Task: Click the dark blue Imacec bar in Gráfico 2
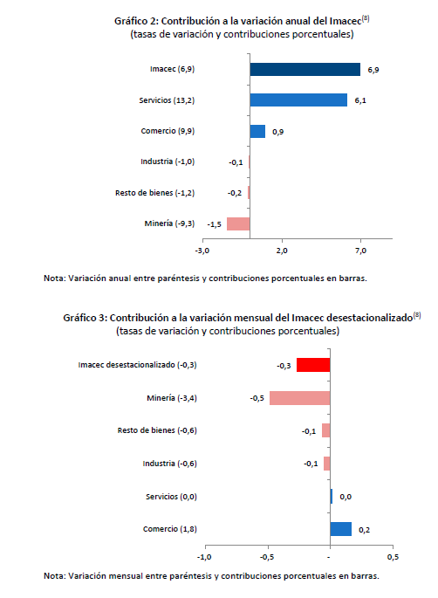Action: [x=305, y=70]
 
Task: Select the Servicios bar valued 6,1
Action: [x=298, y=100]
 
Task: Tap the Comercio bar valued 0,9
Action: [x=257, y=131]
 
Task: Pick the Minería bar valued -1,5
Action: [x=238, y=223]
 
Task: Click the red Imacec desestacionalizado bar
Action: [x=313, y=365]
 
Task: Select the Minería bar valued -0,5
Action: [x=299, y=398]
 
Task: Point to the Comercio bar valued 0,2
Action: [x=341, y=529]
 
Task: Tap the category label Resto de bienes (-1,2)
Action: [x=154, y=193]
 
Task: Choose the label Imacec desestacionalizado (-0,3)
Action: [x=137, y=365]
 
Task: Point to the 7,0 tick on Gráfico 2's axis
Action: [x=360, y=251]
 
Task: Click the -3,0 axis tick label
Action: [x=202, y=251]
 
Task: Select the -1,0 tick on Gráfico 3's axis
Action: [x=204, y=557]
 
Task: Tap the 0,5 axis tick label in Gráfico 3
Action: [x=393, y=557]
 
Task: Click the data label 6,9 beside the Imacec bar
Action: [x=373, y=70]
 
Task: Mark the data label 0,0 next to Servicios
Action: [x=346, y=497]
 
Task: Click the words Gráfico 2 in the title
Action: [x=136, y=21]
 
